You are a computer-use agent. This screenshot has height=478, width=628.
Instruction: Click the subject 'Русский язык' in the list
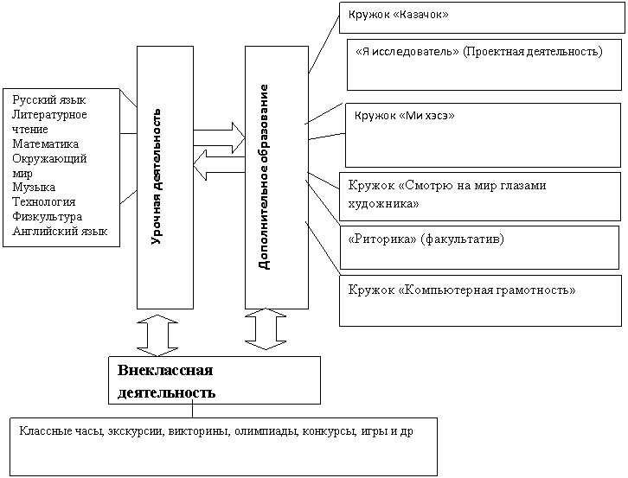point(48,100)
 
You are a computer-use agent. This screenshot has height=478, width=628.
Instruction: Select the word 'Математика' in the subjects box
point(45,143)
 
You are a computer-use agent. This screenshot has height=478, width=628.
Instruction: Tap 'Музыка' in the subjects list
point(34,188)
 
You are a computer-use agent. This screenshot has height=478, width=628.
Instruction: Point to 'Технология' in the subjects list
point(43,201)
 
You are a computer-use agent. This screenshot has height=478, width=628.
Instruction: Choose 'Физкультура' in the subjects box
point(47,217)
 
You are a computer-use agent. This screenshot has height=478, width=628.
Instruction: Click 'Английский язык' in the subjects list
point(60,232)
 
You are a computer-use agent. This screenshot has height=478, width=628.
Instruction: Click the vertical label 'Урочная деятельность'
point(157,176)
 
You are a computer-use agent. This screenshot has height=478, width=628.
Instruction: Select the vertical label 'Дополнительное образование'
point(264,177)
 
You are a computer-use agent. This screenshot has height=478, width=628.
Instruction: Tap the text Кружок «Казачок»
point(398,15)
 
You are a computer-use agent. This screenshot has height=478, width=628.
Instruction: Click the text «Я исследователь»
point(407,52)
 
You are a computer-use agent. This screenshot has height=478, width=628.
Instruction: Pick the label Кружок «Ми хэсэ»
point(405,116)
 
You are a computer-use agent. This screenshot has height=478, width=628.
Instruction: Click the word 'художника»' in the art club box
point(383,204)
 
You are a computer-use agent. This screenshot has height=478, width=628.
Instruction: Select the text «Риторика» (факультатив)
point(426,239)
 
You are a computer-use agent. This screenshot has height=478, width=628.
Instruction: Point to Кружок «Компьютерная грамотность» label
point(462,290)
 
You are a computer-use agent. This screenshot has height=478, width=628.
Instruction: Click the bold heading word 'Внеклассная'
point(165,370)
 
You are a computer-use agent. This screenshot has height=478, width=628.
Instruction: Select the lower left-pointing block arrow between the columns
point(219,165)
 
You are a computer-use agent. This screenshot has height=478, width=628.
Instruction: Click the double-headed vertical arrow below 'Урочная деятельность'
point(157,335)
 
